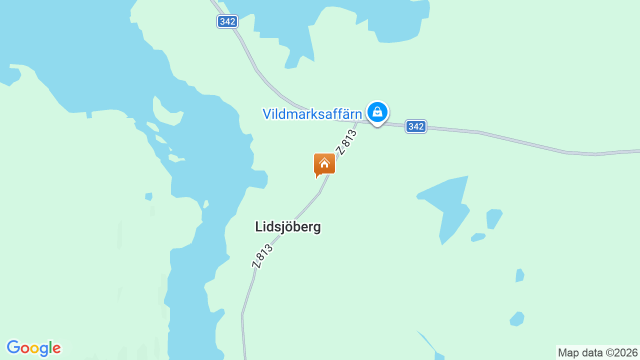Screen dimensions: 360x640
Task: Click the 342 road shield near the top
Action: coord(227,21)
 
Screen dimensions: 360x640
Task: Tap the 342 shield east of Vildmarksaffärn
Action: coord(415,126)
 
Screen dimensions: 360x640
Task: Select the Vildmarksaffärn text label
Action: coord(312,114)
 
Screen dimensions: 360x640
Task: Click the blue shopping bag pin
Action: coord(377,112)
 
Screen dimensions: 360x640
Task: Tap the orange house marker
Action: coord(324,164)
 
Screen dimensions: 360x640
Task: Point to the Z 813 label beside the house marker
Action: coord(346,142)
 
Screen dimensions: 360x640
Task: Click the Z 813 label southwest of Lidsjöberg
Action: coord(262,256)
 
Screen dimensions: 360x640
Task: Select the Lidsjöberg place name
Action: coord(288,227)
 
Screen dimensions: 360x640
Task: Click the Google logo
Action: coord(33,348)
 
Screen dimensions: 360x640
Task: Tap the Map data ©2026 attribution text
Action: coord(598,352)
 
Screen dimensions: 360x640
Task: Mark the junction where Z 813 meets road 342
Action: coord(358,120)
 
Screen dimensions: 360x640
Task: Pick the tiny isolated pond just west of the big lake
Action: coord(148,196)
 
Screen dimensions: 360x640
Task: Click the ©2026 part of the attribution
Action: coord(622,352)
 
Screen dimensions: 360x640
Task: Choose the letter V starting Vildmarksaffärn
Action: coord(267,114)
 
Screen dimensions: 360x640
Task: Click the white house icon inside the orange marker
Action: coord(324,163)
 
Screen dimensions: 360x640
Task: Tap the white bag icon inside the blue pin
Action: coord(377,111)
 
